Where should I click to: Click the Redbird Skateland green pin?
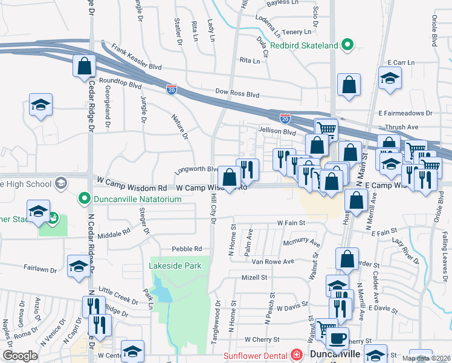[x=347, y=45]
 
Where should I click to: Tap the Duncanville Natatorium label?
[x=132, y=198]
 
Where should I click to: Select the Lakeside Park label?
[x=175, y=265]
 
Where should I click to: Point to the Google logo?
[x=19, y=356]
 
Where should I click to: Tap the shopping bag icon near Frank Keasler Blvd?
[x=84, y=67]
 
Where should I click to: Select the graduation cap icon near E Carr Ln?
[x=390, y=79]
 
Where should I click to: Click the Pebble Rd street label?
[x=187, y=249]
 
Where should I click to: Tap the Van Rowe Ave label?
[x=273, y=261]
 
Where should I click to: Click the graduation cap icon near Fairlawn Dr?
[x=79, y=266]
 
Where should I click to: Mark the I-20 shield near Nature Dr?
[x=172, y=88]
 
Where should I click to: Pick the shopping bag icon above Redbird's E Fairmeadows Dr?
[x=349, y=86]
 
